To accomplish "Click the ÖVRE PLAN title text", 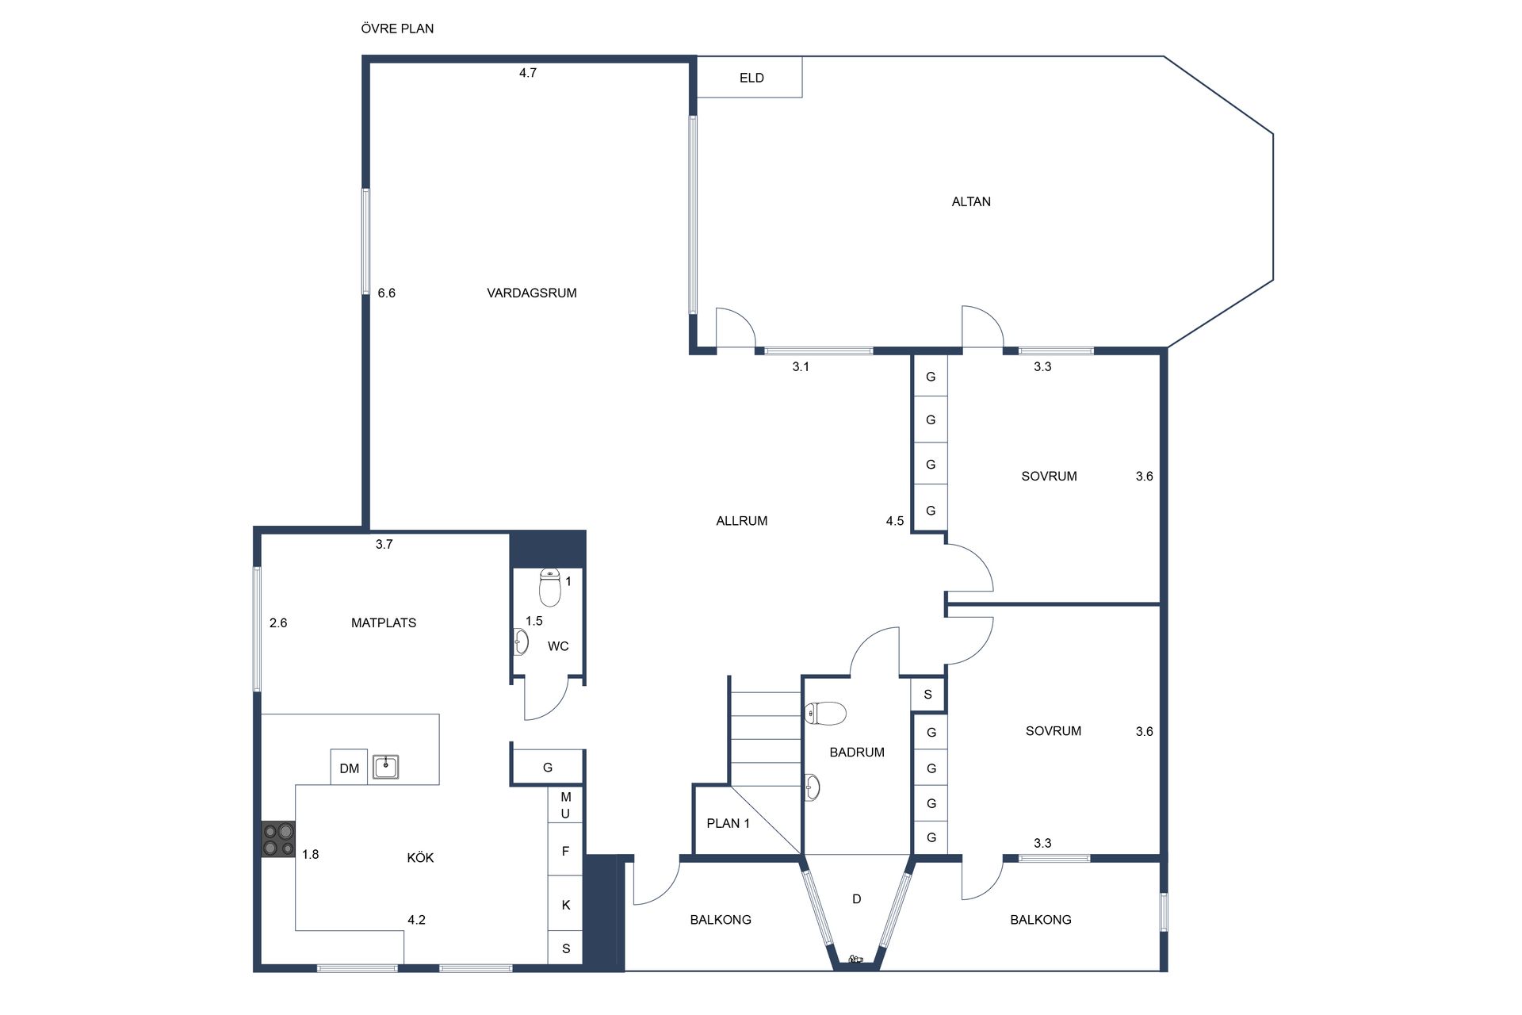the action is [x=397, y=29].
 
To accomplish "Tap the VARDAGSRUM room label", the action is [x=531, y=293].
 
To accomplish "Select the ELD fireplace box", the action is [x=750, y=78].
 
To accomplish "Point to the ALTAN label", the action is [x=971, y=201].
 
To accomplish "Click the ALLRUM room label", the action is [x=741, y=521].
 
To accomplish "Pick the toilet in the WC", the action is [x=550, y=587].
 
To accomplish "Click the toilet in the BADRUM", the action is [x=825, y=714].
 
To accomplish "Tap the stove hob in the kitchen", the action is [x=278, y=839].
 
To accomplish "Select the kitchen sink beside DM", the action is [x=386, y=767].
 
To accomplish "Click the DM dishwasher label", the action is [x=349, y=768].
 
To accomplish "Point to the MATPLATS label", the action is [x=384, y=623].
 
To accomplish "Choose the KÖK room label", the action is [x=420, y=857].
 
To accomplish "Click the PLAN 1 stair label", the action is [x=728, y=823].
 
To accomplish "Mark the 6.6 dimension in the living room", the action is [x=386, y=293].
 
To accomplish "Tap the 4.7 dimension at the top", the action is [x=528, y=73].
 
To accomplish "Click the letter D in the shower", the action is [x=857, y=898].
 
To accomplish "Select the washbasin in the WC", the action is [x=521, y=642].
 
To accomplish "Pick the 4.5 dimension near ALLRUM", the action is [x=895, y=521].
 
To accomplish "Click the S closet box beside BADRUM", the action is [x=928, y=695].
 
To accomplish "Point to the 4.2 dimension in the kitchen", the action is [x=416, y=920].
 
